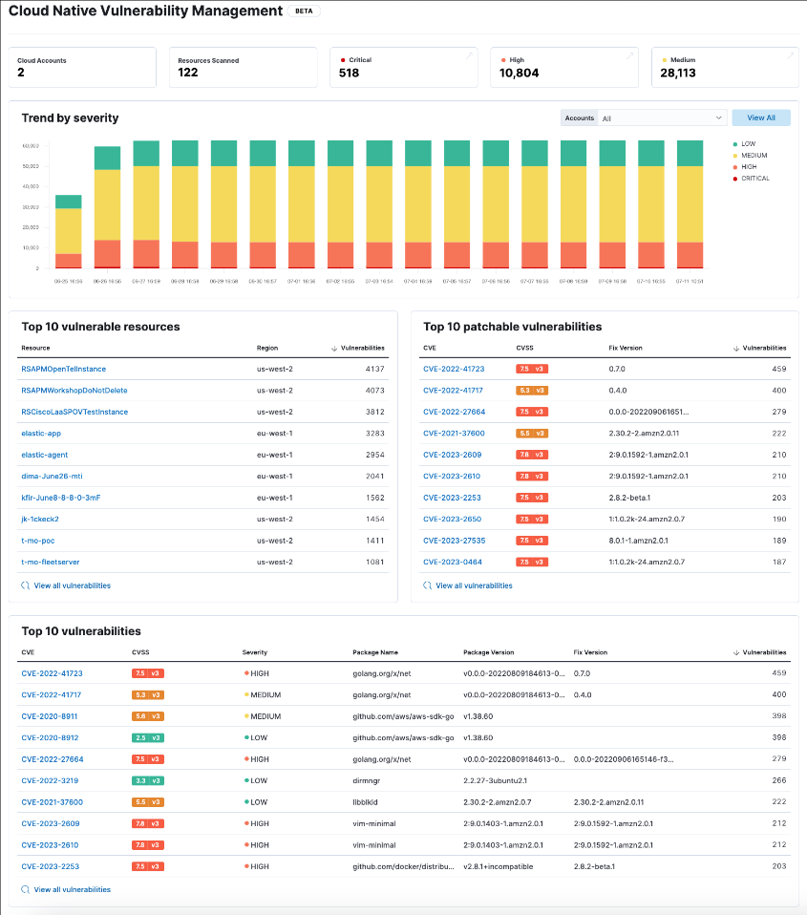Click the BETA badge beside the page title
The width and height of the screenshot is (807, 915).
(305, 11)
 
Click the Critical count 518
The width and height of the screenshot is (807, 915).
(349, 73)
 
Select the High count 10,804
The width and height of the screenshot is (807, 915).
(519, 73)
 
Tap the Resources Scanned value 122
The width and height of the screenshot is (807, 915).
(188, 73)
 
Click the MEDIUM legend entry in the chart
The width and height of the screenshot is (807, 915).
(754, 156)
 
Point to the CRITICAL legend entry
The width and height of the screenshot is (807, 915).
(754, 179)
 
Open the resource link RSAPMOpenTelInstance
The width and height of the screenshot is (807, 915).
(63, 369)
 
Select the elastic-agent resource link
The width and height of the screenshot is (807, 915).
(44, 455)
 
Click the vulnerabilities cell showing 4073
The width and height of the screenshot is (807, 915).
(375, 391)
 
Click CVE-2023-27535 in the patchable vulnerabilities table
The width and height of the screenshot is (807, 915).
(454, 541)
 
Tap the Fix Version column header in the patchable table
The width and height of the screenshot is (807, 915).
(626, 348)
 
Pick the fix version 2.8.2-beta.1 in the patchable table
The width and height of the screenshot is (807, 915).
(629, 498)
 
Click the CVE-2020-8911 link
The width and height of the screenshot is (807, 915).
(50, 716)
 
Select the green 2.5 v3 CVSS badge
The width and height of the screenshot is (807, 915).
(148, 737)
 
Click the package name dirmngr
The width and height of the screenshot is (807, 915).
(367, 780)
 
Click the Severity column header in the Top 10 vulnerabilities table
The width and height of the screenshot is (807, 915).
(255, 652)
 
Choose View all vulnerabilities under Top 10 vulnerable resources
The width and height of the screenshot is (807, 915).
(72, 585)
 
